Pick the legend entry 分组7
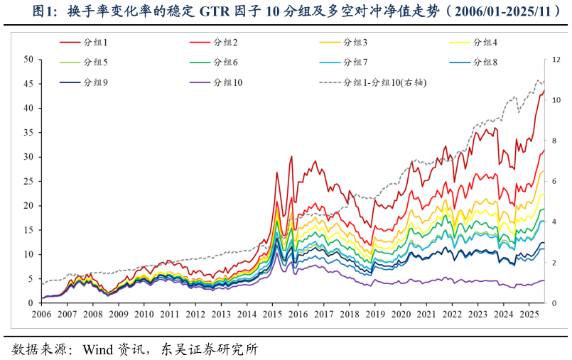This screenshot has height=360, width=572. (x=355, y=62)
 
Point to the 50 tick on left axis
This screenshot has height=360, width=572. (x=28, y=60)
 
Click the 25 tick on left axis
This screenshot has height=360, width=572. (x=28, y=181)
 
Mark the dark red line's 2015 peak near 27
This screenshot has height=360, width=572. (x=276, y=172)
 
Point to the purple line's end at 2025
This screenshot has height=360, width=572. (x=544, y=280)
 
